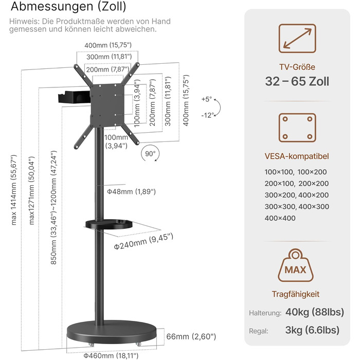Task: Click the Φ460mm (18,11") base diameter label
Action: [111, 356]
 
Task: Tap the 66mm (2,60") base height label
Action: [191, 336]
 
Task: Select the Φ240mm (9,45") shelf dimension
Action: [143, 241]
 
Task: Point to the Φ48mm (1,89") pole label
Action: [131, 191]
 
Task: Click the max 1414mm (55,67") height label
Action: [14, 190]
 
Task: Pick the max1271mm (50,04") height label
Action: [31, 191]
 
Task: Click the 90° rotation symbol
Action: [150, 154]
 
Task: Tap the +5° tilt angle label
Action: [207, 99]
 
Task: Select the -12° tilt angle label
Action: [208, 115]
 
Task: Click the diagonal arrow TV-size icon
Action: [297, 39]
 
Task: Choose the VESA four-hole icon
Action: [297, 128]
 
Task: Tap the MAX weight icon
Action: [296, 266]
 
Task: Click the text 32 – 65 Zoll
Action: [297, 81]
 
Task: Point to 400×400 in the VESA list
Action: [280, 218]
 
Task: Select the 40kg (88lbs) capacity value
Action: [315, 312]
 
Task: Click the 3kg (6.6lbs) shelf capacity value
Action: [312, 330]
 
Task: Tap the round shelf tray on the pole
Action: [109, 224]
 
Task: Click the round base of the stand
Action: [112, 332]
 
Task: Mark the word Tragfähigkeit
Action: [296, 294]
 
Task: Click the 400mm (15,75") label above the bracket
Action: [108, 45]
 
